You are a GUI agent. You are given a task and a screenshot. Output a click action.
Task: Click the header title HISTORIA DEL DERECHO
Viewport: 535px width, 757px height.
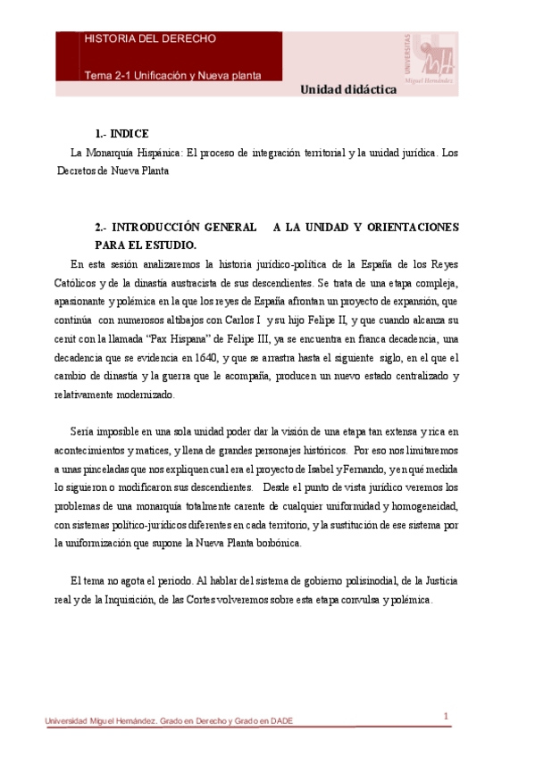(149, 39)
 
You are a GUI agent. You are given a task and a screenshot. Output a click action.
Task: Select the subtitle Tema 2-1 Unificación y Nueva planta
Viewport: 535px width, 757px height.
(172, 75)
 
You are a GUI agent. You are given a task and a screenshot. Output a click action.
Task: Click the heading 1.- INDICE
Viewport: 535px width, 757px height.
(121, 132)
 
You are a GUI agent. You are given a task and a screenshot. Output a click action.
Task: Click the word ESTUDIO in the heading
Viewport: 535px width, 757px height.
(171, 244)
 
